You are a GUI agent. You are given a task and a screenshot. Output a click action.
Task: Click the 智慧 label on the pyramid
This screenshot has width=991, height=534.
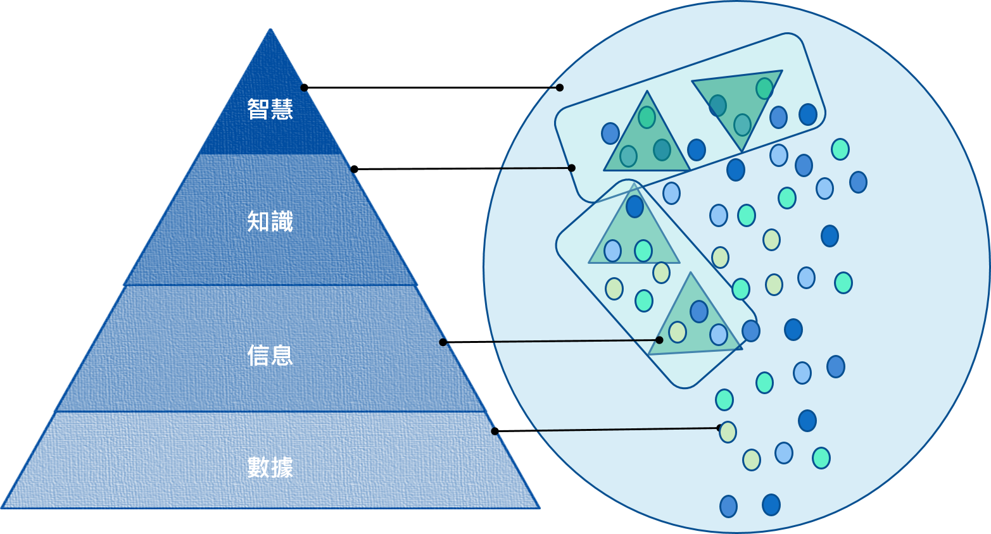270,109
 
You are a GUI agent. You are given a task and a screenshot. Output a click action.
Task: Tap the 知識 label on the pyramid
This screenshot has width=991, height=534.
270,222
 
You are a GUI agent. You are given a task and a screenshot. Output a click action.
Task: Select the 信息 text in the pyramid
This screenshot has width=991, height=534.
270,355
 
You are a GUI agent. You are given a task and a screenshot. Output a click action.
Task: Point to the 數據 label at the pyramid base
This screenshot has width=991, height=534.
270,468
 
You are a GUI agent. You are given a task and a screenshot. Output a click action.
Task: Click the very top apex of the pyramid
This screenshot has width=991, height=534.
270,30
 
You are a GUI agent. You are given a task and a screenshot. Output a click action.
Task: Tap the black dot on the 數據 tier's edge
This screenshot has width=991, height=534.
495,431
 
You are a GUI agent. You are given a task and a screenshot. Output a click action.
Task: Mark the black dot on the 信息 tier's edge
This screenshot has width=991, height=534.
443,342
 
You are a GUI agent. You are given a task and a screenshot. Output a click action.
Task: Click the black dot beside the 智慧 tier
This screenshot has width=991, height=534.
304,87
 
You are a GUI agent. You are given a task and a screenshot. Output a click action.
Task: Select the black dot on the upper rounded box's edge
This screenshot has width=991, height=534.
571,168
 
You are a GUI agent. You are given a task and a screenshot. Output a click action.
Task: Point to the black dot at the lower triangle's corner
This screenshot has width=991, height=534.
659,340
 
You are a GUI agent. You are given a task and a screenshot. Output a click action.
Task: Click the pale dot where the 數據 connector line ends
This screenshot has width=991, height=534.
728,432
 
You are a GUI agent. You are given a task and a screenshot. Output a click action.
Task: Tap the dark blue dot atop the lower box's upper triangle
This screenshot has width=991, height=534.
634,206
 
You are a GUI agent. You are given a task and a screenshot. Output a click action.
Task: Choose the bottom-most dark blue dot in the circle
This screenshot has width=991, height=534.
771,505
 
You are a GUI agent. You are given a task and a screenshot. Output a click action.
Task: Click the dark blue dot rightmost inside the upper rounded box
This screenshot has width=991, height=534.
807,115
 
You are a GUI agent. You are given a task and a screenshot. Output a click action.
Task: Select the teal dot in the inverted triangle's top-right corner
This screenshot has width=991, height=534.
764,88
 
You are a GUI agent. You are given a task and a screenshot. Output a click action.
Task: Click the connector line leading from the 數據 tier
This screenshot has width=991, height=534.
627,430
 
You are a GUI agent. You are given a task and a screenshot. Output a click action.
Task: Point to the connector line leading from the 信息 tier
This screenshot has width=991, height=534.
570,341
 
